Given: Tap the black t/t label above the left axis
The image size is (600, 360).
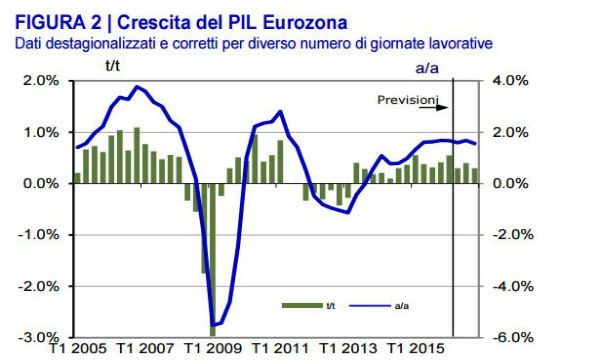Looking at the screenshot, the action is (x=112, y=66).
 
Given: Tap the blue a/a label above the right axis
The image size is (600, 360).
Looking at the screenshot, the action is (x=427, y=68).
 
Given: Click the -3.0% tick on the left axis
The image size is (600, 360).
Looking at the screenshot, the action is (x=39, y=337).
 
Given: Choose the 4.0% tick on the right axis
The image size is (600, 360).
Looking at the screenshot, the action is (x=510, y=81).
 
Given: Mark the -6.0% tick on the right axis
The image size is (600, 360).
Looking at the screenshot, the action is (x=513, y=337).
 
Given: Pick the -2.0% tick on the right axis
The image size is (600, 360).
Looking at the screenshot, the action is (x=513, y=235).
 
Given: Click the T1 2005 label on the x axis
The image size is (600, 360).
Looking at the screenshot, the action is (x=78, y=349).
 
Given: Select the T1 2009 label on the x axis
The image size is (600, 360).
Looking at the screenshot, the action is (x=213, y=349).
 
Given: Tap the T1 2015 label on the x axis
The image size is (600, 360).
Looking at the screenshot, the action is (x=416, y=349).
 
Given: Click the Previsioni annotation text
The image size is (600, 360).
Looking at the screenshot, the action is (x=407, y=100).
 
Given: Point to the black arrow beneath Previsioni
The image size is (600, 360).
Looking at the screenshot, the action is (x=434, y=108).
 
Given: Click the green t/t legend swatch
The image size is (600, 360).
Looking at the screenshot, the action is (x=302, y=305).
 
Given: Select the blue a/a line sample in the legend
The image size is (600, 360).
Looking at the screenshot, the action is (x=369, y=305).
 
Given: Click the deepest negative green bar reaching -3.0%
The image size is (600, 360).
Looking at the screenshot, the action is (x=213, y=260).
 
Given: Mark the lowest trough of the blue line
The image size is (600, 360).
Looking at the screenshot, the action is (x=213, y=325).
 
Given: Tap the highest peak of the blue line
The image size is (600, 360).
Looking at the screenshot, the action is (x=137, y=87).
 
